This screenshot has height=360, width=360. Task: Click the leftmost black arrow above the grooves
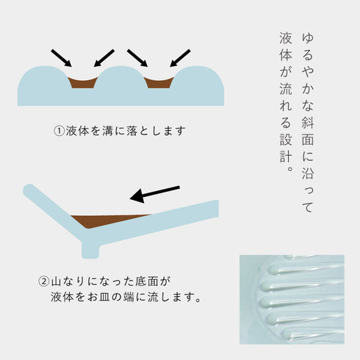tap(61, 58)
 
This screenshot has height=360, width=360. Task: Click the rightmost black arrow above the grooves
tap(180, 58)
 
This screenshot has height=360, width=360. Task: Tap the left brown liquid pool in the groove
tap(82, 83)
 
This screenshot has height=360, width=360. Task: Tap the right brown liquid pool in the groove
tap(159, 83)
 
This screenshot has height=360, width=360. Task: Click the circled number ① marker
tap(59, 131)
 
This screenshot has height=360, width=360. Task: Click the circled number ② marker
tap(44, 281)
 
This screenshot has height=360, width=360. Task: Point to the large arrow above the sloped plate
tap(155, 194)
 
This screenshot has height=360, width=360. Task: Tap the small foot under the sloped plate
tap(90, 251)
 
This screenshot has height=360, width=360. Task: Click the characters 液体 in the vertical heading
tap(286, 46)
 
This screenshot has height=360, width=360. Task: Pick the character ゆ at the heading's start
tap(308, 38)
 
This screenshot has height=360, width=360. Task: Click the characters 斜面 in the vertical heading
tap(308, 131)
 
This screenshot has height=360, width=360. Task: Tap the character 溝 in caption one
tap(108, 131)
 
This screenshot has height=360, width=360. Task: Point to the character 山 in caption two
tap(56, 281)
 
